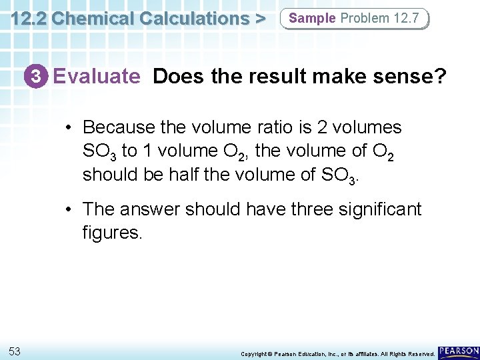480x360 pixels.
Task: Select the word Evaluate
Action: pyautogui.click(x=97, y=77)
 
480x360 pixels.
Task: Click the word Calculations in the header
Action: pyautogui.click(x=187, y=18)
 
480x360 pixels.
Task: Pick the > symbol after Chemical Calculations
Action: pyautogui.click(x=259, y=19)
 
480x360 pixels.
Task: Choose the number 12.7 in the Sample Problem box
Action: pyautogui.click(x=407, y=18)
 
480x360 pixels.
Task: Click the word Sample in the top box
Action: pyautogui.click(x=313, y=18)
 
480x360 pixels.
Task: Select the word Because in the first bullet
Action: pyautogui.click(x=116, y=127)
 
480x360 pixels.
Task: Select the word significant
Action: pyautogui.click(x=375, y=209)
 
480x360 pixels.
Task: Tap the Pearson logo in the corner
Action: pyautogui.click(x=459, y=351)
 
